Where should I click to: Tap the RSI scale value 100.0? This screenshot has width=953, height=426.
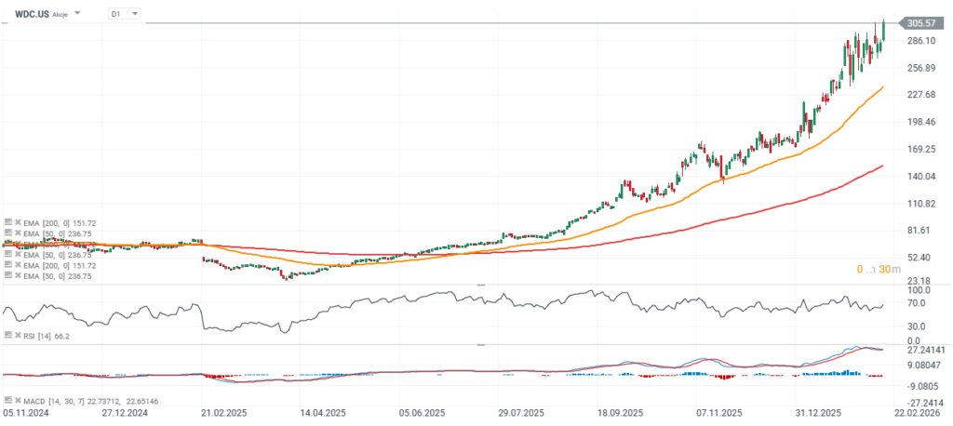(916, 291)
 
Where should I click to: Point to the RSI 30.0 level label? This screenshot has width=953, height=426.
(916, 326)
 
